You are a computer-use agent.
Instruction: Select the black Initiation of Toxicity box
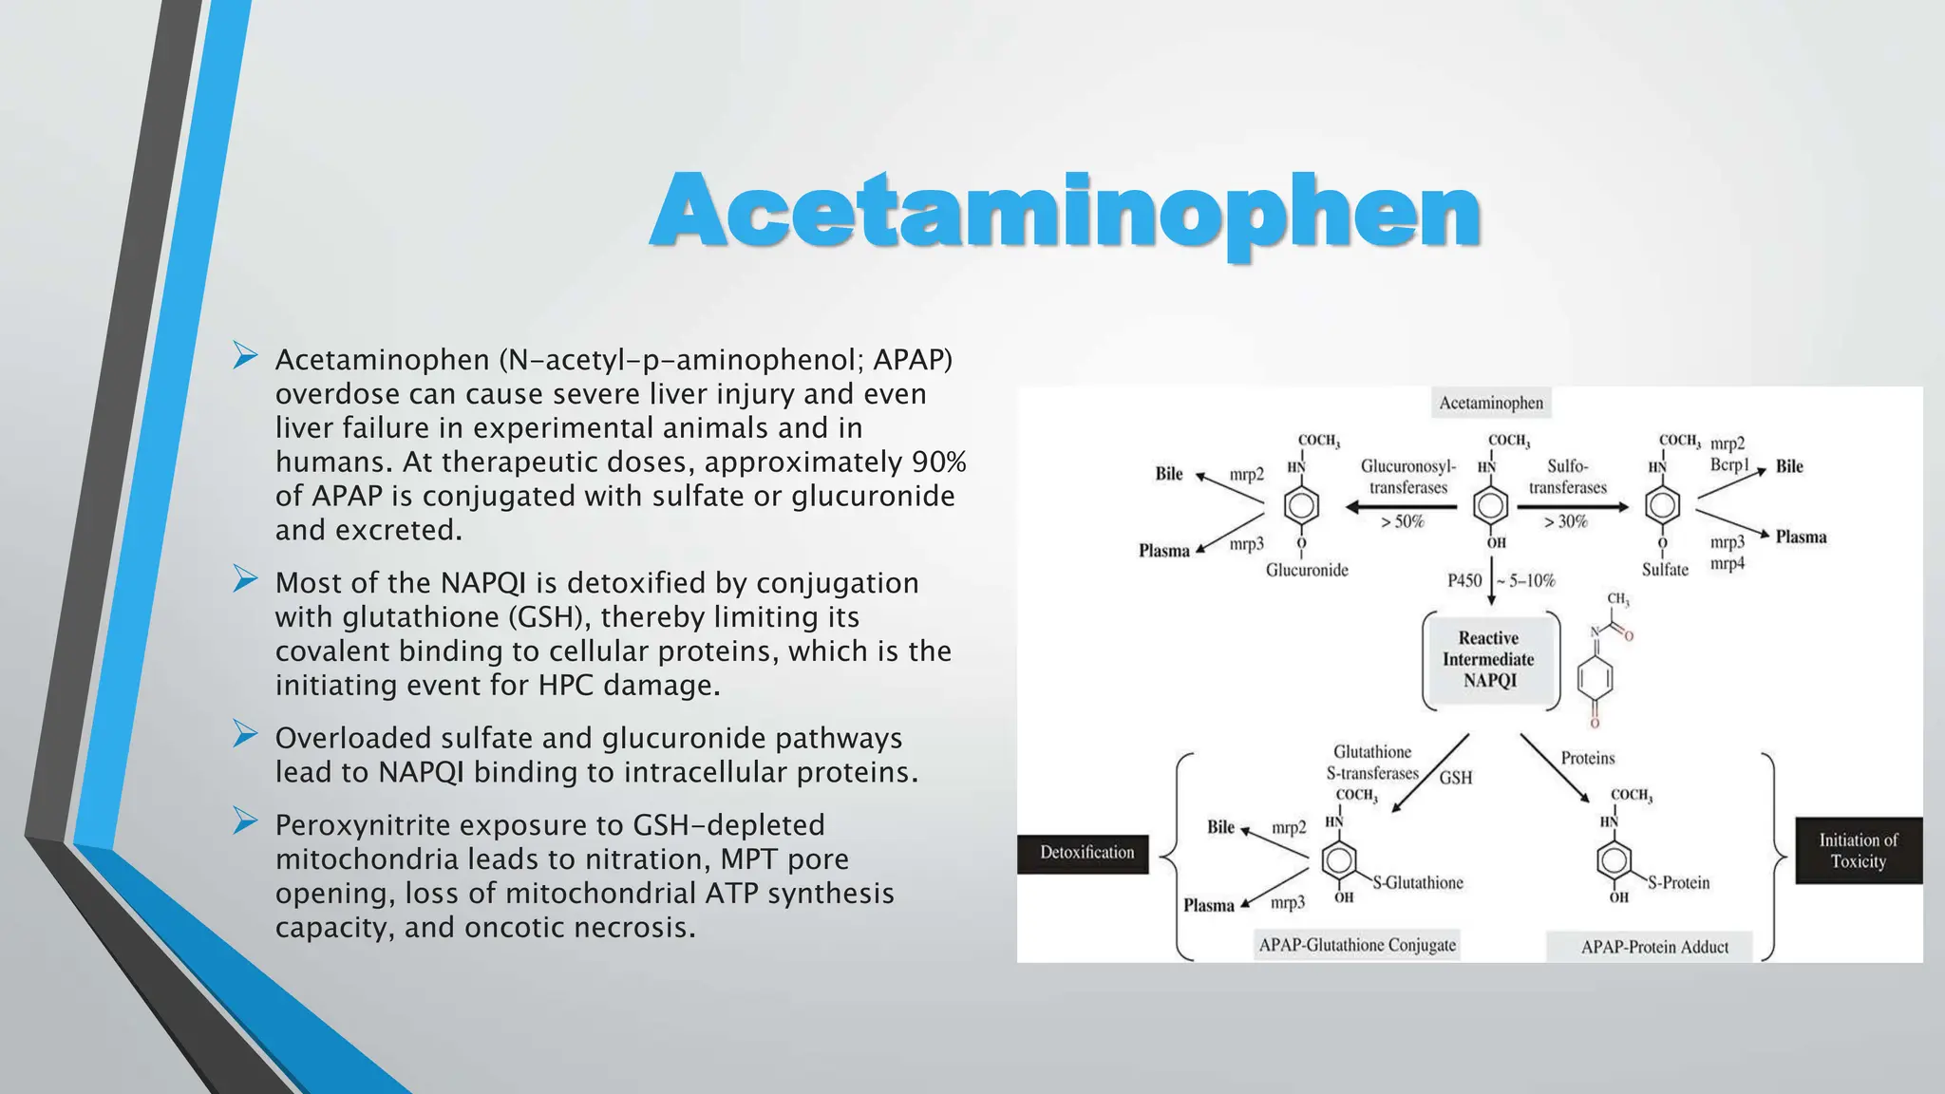1857,851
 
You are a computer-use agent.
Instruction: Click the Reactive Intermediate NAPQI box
1488,660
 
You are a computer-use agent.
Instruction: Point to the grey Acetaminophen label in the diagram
1490,403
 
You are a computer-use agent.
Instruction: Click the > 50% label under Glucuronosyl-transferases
1402,521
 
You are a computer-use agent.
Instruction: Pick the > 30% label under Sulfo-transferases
1565,521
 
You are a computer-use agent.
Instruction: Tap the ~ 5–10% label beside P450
1525,580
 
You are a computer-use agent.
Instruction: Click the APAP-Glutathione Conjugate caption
1356,945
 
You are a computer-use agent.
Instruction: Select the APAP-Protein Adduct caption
1653,947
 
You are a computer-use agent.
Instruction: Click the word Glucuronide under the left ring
1307,570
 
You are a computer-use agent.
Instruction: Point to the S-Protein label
1678,882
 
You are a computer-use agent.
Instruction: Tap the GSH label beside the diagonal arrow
1455,778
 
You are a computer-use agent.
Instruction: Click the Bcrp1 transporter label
1728,464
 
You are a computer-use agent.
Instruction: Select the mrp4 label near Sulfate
1727,563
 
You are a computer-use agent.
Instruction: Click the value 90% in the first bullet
938,462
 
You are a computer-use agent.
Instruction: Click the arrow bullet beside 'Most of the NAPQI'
245,578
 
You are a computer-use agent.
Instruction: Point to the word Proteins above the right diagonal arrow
1587,758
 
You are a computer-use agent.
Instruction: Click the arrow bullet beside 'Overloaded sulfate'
245,734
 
